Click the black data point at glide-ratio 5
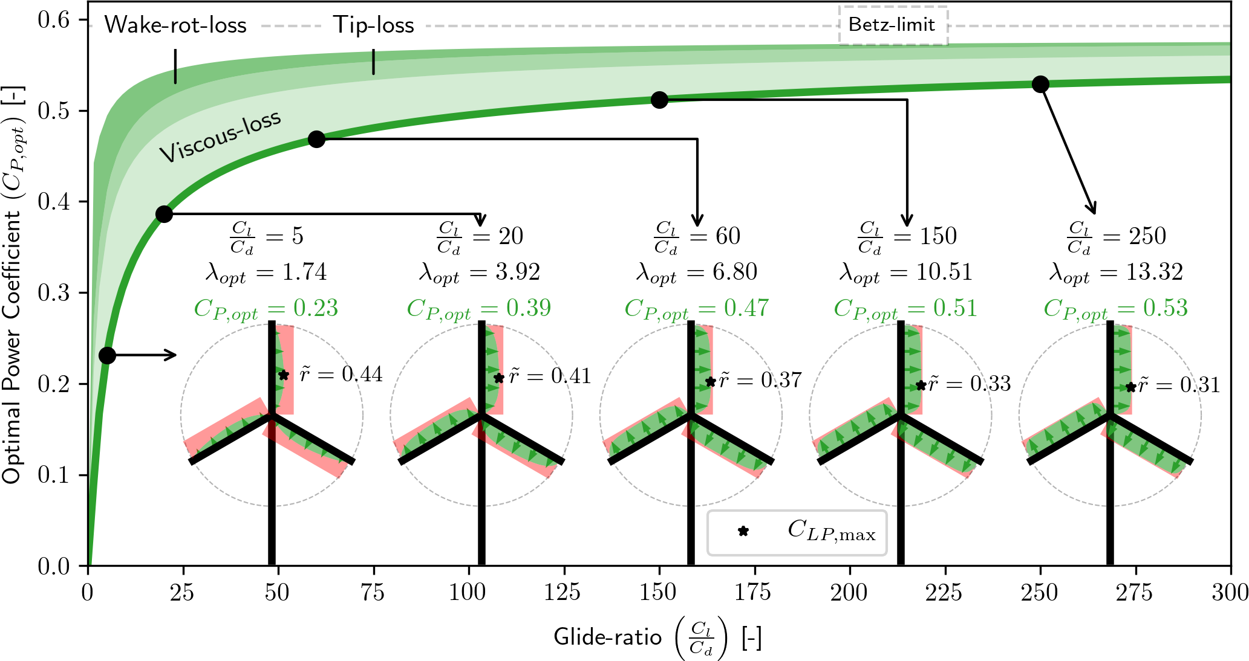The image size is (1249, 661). (107, 355)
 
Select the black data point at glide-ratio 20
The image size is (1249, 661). (164, 214)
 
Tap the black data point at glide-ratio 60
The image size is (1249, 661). (316, 139)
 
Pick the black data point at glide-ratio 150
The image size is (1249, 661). (659, 100)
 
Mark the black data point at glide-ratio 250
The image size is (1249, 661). (1040, 84)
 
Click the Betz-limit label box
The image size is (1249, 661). (892, 25)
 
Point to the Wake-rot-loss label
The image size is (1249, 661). (175, 25)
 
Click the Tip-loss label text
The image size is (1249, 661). (374, 25)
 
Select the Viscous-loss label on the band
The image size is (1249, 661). (221, 137)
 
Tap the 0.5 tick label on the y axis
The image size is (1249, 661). (54, 111)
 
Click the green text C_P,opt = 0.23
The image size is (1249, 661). (266, 309)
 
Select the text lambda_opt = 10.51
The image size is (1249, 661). (905, 272)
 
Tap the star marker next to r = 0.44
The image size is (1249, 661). (284, 375)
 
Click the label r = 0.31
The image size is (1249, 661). (1179, 385)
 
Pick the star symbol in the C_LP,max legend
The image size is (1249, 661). (743, 532)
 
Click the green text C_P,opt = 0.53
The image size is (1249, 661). (1115, 309)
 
